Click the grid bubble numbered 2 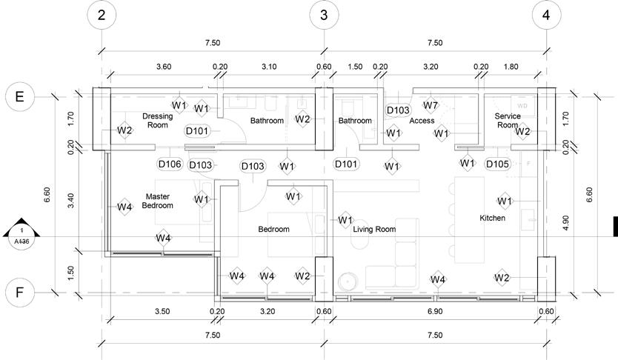coord(102,15)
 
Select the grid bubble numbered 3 coord(324,15)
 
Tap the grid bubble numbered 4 coord(546,15)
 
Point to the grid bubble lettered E coord(19,96)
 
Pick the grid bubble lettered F coord(19,293)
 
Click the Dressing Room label coord(157,121)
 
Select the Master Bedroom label coord(157,201)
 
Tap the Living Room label coord(374,230)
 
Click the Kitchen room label coord(492,219)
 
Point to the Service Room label coord(508,121)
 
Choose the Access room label coord(422,121)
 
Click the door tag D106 coord(170,164)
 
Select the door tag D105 coord(497,164)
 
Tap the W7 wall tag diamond coord(431,106)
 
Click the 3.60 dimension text coord(164,67)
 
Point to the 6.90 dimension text coord(434,312)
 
